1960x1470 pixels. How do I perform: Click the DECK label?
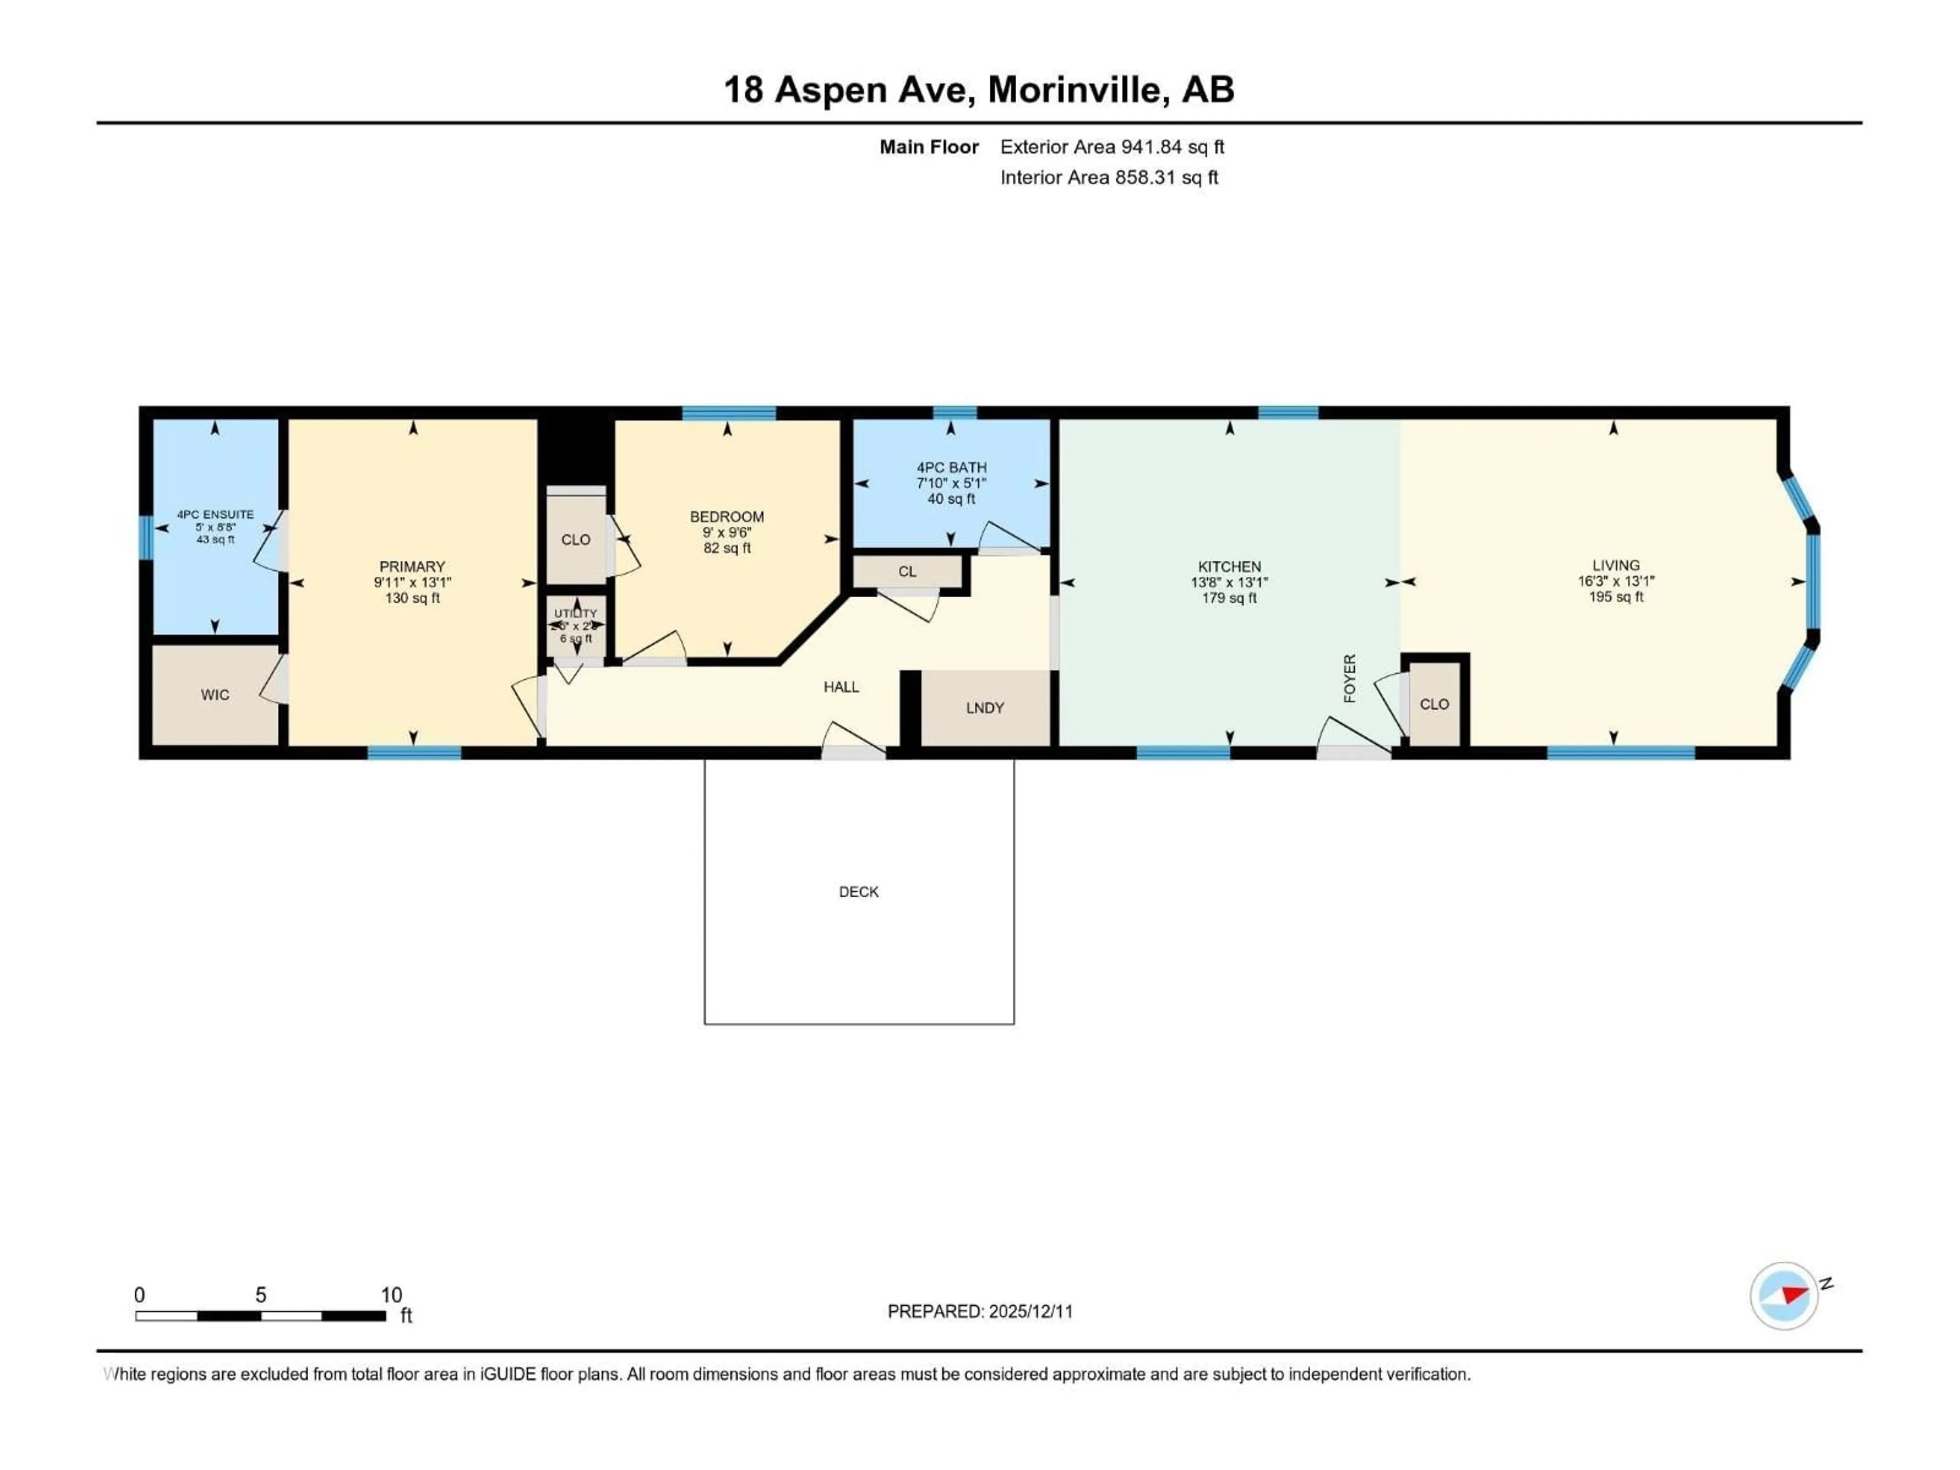click(859, 891)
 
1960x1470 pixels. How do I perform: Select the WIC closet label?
click(214, 695)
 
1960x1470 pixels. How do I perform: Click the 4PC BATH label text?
click(951, 467)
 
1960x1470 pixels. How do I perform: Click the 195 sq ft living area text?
click(1615, 597)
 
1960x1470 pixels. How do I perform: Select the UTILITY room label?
click(575, 613)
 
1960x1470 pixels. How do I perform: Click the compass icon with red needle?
click(1784, 1295)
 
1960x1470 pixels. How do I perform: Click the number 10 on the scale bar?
click(391, 1294)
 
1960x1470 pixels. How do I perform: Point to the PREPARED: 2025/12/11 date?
click(980, 1311)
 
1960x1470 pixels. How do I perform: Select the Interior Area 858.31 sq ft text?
click(1109, 177)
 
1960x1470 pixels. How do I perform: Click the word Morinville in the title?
click(1074, 89)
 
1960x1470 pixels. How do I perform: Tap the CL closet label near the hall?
click(906, 572)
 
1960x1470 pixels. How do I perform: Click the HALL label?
click(841, 687)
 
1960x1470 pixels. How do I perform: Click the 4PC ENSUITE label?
click(215, 514)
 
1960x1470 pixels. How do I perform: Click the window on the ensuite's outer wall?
click(146, 538)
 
